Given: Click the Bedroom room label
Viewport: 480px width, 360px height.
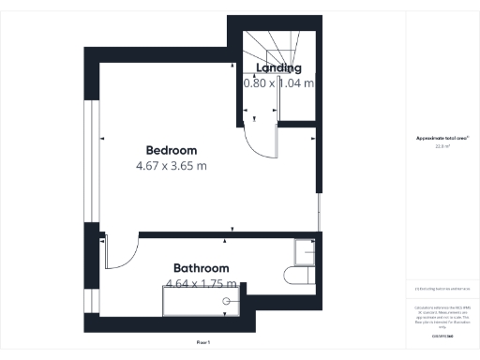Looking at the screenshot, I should (172, 150).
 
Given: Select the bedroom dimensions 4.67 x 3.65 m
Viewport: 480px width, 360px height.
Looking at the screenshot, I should (172, 166).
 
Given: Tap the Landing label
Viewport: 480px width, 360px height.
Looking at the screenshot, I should (279, 67).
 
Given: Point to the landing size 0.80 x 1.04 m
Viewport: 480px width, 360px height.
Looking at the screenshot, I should (279, 82).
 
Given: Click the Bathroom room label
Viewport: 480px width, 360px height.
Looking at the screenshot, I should (202, 268).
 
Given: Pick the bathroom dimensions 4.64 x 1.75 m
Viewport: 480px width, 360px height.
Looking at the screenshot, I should (202, 283).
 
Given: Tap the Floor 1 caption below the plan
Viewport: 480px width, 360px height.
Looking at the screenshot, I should (202, 343).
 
